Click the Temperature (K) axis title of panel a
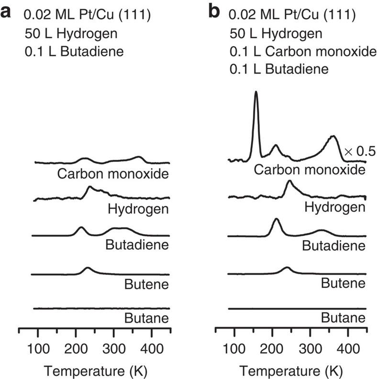pos(95,370)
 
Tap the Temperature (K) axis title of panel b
pos(292,370)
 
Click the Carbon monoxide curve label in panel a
pos(113,173)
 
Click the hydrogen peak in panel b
pos(288,182)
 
